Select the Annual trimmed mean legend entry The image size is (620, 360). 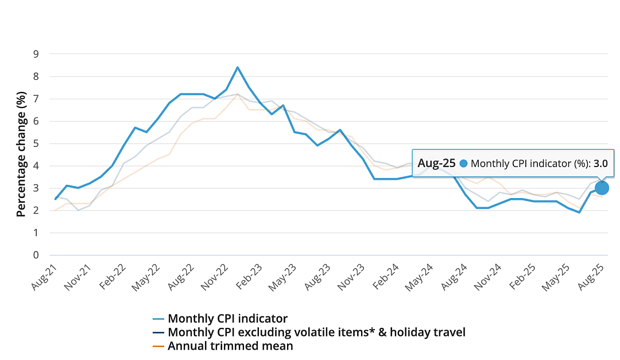point(223,346)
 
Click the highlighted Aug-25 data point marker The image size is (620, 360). point(602,188)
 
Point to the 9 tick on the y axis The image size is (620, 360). point(36,54)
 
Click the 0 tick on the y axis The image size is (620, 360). point(36,255)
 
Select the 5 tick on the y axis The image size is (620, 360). point(36,144)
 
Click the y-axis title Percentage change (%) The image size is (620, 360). point(21,154)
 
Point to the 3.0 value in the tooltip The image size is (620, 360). point(600,164)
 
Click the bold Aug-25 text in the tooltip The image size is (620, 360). point(436,163)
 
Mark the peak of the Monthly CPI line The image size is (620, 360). point(238,67)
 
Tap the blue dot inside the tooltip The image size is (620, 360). point(463,164)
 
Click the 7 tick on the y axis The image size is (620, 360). point(36,99)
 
